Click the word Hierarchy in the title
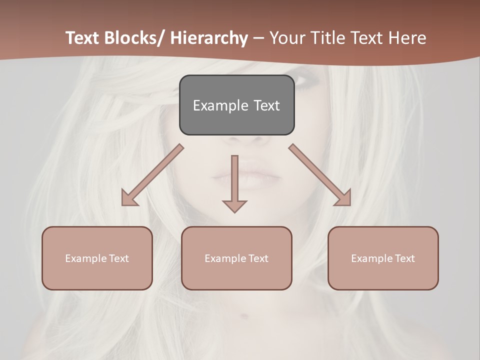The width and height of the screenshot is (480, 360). (209, 38)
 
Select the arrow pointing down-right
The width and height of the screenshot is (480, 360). (317, 172)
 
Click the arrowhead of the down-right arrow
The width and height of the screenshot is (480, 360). (344, 199)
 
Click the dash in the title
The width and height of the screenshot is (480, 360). (258, 38)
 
